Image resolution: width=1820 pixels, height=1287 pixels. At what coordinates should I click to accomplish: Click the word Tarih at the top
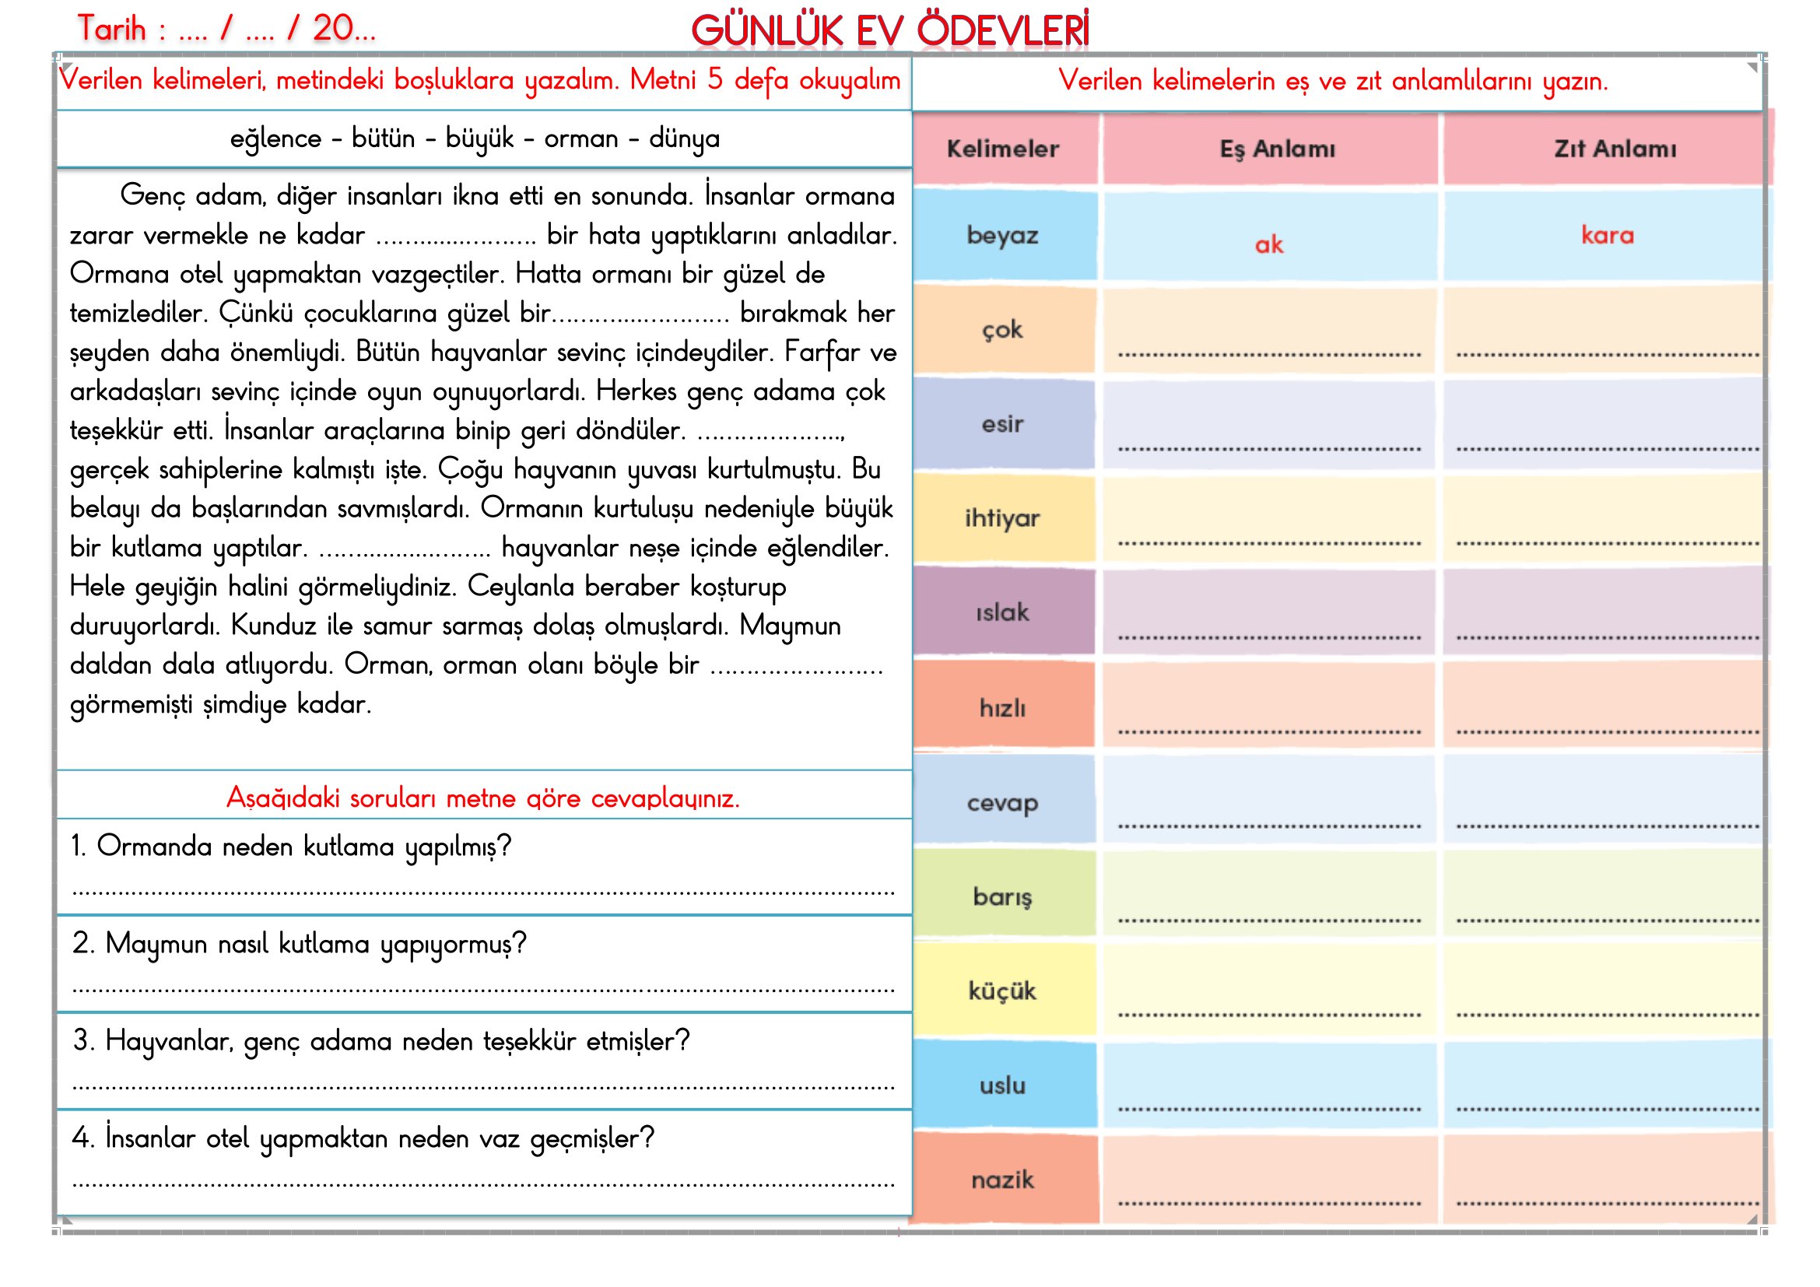point(112,30)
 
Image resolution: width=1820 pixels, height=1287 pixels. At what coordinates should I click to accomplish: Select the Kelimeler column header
point(1003,149)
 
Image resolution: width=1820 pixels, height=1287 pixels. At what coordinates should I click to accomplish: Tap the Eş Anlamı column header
point(1277,149)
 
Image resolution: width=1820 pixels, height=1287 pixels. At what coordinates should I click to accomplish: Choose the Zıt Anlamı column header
point(1615,149)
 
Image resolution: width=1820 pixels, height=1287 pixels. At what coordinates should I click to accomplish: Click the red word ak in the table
point(1268,245)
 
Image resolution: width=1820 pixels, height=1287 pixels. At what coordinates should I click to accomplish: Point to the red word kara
point(1607,235)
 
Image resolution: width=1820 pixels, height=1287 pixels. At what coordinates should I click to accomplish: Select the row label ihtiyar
point(1002,518)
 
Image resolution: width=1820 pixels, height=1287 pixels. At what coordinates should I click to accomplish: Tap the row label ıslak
point(1002,612)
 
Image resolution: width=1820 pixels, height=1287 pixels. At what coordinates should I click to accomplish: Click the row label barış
point(1002,896)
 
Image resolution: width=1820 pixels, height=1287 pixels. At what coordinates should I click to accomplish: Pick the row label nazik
point(1002,1180)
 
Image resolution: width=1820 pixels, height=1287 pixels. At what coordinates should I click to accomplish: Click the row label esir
point(1002,424)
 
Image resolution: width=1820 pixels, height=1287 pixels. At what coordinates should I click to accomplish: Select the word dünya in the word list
point(684,139)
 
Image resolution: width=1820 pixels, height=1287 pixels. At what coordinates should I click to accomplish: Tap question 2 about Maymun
point(299,944)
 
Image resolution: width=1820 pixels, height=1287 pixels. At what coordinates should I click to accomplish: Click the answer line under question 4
point(483,1184)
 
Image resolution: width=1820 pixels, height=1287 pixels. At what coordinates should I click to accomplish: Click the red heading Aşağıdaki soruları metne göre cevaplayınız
point(482,798)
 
